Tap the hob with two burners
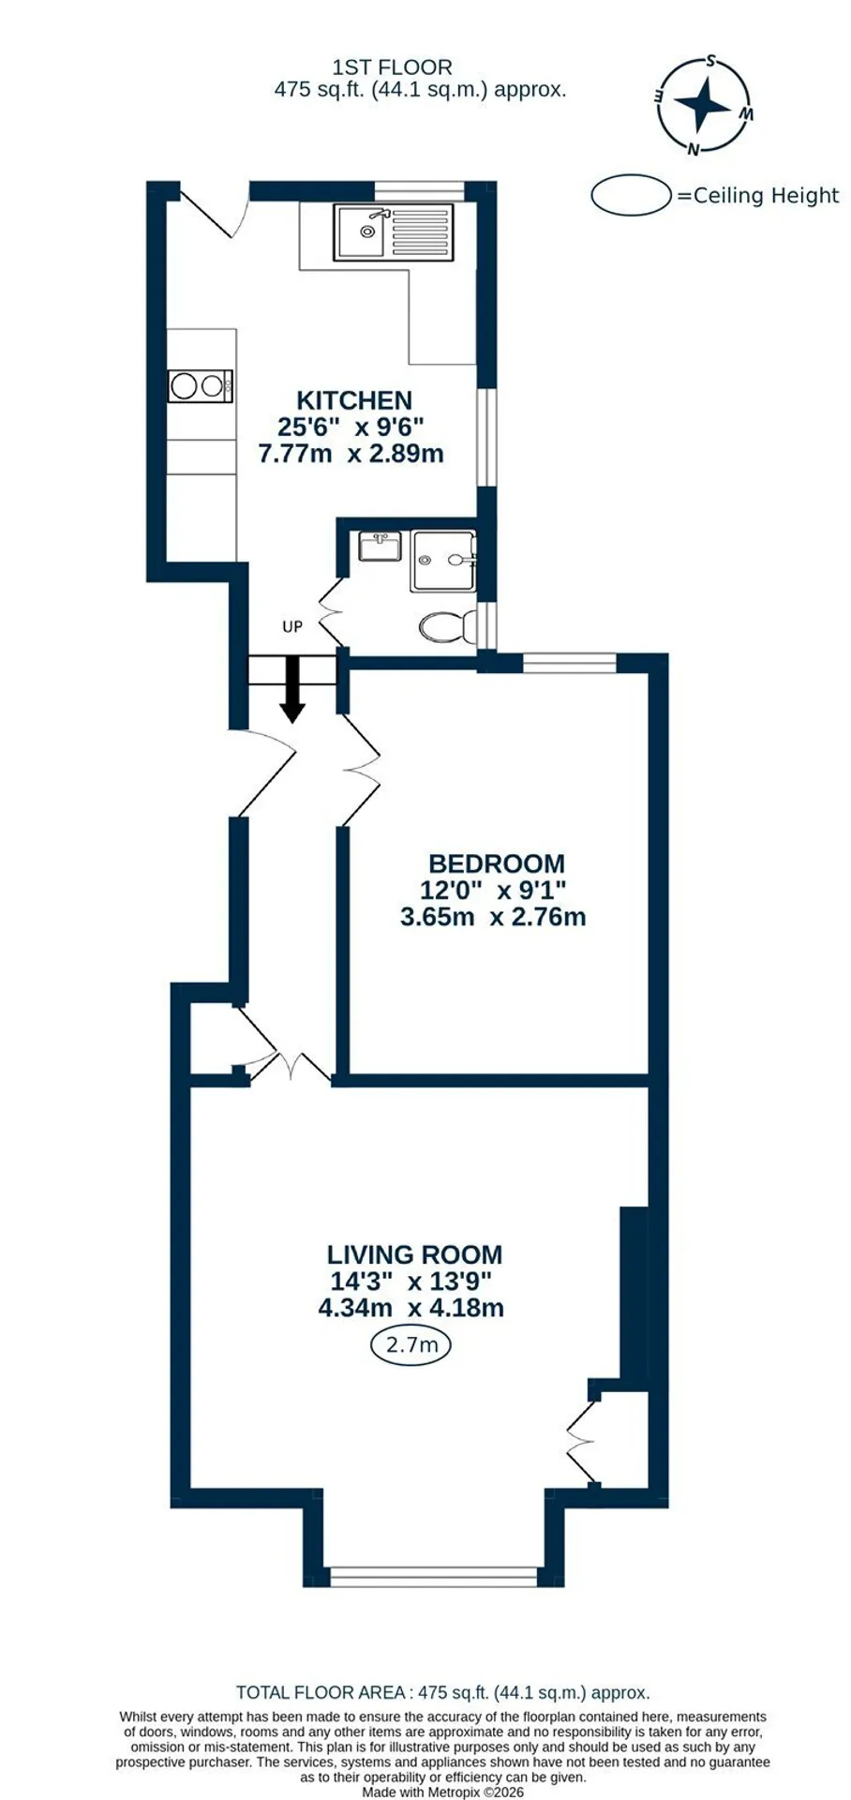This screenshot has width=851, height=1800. coord(201,385)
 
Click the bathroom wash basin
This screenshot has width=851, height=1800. coord(380,546)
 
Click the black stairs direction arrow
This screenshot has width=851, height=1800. coord(292,689)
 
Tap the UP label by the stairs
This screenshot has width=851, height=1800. coord(292,626)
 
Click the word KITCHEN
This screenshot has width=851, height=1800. coord(354,400)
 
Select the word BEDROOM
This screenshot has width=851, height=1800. coord(496,863)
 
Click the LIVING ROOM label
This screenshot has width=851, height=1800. coord(414,1254)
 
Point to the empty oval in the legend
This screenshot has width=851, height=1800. coord(633,195)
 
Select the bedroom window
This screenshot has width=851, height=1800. coord(570,664)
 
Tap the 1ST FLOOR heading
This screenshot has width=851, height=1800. coord(392,67)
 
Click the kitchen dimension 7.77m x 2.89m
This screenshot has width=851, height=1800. coord(351,454)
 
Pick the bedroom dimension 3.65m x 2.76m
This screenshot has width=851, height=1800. coord(493,916)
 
